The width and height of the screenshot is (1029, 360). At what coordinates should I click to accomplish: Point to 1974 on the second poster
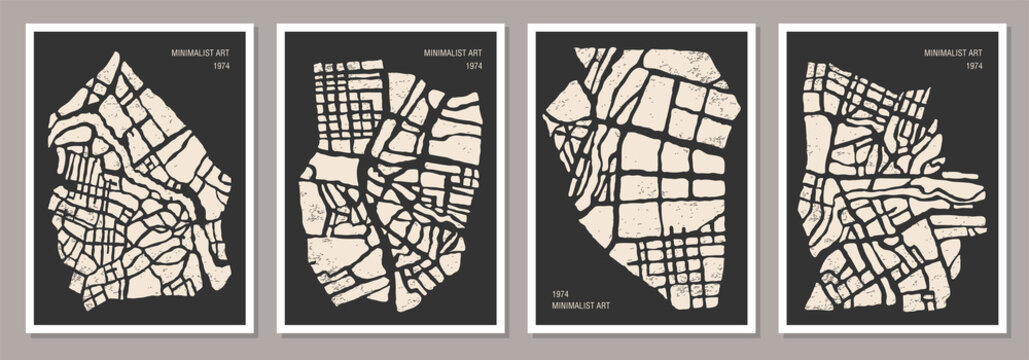474,66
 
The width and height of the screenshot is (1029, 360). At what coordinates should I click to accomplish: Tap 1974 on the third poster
559,293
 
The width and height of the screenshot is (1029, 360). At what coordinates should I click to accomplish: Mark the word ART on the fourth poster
978,52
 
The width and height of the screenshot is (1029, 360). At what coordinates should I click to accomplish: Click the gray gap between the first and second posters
265,180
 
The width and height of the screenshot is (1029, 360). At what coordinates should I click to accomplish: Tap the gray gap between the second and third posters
516,180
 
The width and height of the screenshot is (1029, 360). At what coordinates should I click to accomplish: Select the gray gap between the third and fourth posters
767,180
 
